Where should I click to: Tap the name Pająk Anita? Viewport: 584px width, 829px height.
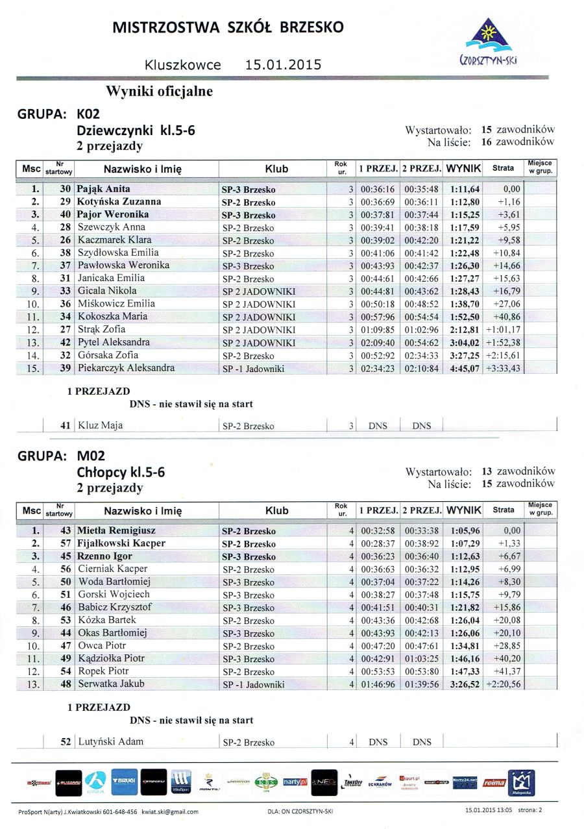click(104, 190)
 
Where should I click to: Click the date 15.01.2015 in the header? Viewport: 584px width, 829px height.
click(283, 65)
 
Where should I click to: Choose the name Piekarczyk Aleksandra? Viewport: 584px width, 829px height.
click(126, 368)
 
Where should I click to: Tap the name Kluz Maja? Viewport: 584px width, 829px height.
click(100, 426)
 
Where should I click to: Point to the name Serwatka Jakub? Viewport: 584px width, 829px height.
click(111, 684)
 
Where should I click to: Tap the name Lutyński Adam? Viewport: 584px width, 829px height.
click(111, 741)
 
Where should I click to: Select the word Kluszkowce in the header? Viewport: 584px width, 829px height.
click(184, 65)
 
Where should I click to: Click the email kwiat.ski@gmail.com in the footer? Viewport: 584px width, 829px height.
click(170, 811)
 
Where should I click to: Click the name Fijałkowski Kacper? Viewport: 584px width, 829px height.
click(121, 543)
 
